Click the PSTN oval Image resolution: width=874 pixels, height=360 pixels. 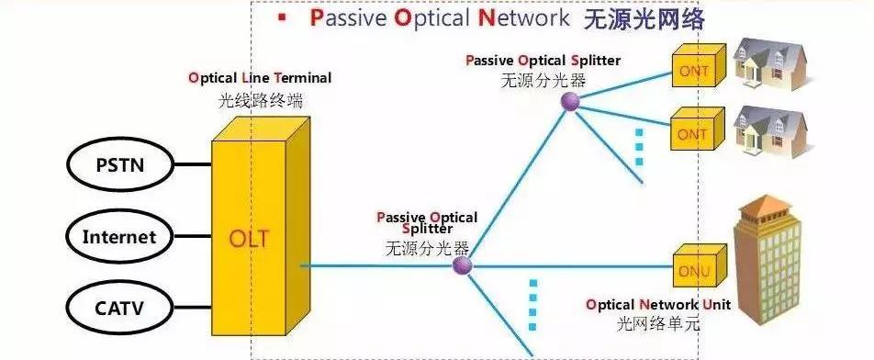[120, 166]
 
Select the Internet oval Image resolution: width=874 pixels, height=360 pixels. [119, 237]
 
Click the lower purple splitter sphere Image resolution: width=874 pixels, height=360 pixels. [462, 266]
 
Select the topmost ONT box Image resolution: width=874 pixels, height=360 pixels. [694, 69]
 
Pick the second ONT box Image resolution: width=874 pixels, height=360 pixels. [694, 133]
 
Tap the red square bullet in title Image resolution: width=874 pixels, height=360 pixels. [283, 18]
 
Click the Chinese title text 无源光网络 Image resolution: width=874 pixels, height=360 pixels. [644, 18]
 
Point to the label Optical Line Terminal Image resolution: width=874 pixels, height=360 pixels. [260, 78]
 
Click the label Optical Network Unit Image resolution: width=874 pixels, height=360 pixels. [657, 304]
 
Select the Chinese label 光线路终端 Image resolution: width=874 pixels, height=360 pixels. [260, 99]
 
